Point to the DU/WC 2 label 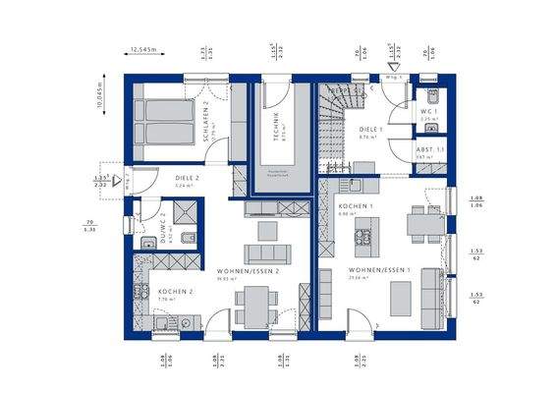pyautogui.click(x=164, y=226)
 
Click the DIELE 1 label pyautogui.click(x=370, y=129)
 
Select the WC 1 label pyautogui.click(x=427, y=112)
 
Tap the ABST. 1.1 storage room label pyautogui.click(x=428, y=149)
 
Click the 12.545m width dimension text pyautogui.click(x=144, y=47)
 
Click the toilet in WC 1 pyautogui.click(x=431, y=97)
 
